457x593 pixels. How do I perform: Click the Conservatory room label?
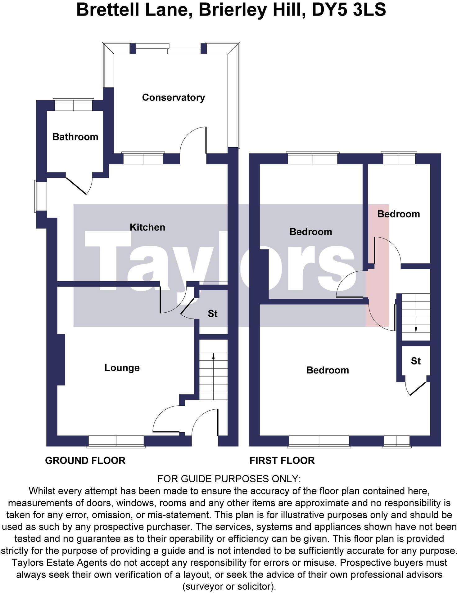pyautogui.click(x=173, y=97)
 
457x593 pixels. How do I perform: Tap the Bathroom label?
pyautogui.click(x=75, y=137)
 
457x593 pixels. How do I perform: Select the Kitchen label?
pyautogui.click(x=147, y=227)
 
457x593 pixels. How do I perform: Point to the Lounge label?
pyautogui.click(x=122, y=368)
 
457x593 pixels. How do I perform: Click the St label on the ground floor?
pyautogui.click(x=212, y=314)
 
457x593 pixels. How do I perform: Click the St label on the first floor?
pyautogui.click(x=416, y=361)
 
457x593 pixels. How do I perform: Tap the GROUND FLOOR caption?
pyautogui.click(x=85, y=461)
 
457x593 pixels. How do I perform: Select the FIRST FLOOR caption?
pyautogui.click(x=282, y=461)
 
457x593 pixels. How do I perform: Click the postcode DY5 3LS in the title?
pyautogui.click(x=349, y=10)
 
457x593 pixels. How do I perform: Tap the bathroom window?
pyautogui.click(x=73, y=105)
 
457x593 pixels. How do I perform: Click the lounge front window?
pyautogui.click(x=116, y=441)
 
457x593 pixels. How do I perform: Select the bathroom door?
pyautogui.click(x=78, y=186)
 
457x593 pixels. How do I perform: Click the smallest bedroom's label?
pyautogui.click(x=398, y=214)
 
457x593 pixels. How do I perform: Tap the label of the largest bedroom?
pyautogui.click(x=327, y=370)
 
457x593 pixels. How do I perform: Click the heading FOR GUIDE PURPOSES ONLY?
pyautogui.click(x=229, y=479)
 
